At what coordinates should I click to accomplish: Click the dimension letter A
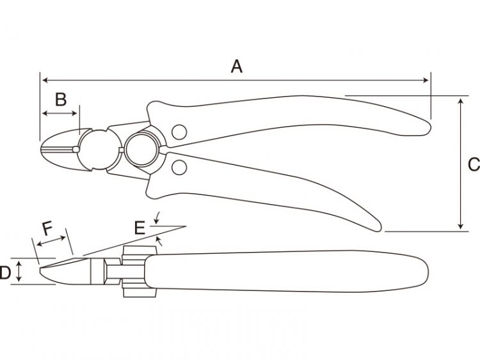click(237, 67)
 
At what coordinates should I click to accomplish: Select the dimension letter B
click(61, 99)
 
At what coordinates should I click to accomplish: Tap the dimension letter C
click(474, 164)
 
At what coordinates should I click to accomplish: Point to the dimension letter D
click(5, 272)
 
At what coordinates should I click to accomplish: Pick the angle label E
click(140, 228)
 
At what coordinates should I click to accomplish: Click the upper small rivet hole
click(179, 132)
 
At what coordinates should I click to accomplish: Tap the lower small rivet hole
click(179, 167)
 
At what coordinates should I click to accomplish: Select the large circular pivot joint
click(141, 150)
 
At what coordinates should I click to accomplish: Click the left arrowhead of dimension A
click(45, 81)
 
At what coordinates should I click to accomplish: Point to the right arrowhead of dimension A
click(426, 81)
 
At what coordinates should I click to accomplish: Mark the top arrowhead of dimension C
click(460, 102)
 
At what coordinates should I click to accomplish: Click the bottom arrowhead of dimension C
click(460, 226)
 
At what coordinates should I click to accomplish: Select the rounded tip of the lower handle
click(378, 228)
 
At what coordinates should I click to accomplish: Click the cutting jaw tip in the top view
click(42, 149)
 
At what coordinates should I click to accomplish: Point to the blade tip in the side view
click(41, 270)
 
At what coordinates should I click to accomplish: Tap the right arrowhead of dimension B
click(74, 113)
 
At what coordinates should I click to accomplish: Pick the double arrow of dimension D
click(19, 271)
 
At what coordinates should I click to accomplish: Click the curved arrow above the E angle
click(157, 218)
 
